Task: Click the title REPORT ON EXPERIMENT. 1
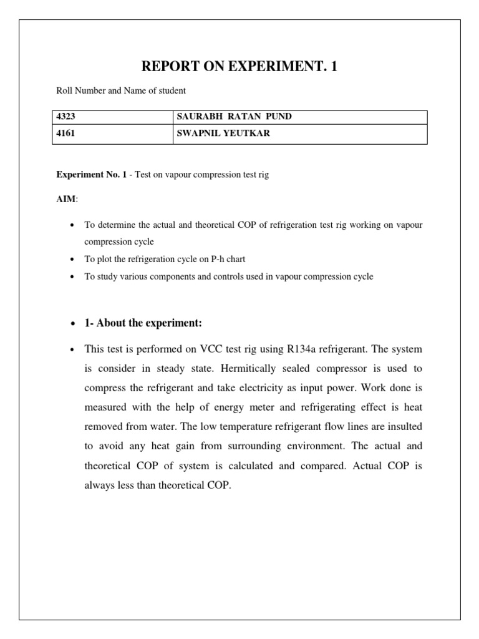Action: (x=239, y=67)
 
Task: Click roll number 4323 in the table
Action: (x=67, y=117)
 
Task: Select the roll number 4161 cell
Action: (x=67, y=133)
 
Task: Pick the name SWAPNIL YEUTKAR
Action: (x=224, y=133)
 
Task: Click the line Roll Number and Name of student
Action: (x=121, y=90)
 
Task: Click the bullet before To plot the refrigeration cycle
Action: (x=73, y=259)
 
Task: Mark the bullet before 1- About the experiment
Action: (x=73, y=323)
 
